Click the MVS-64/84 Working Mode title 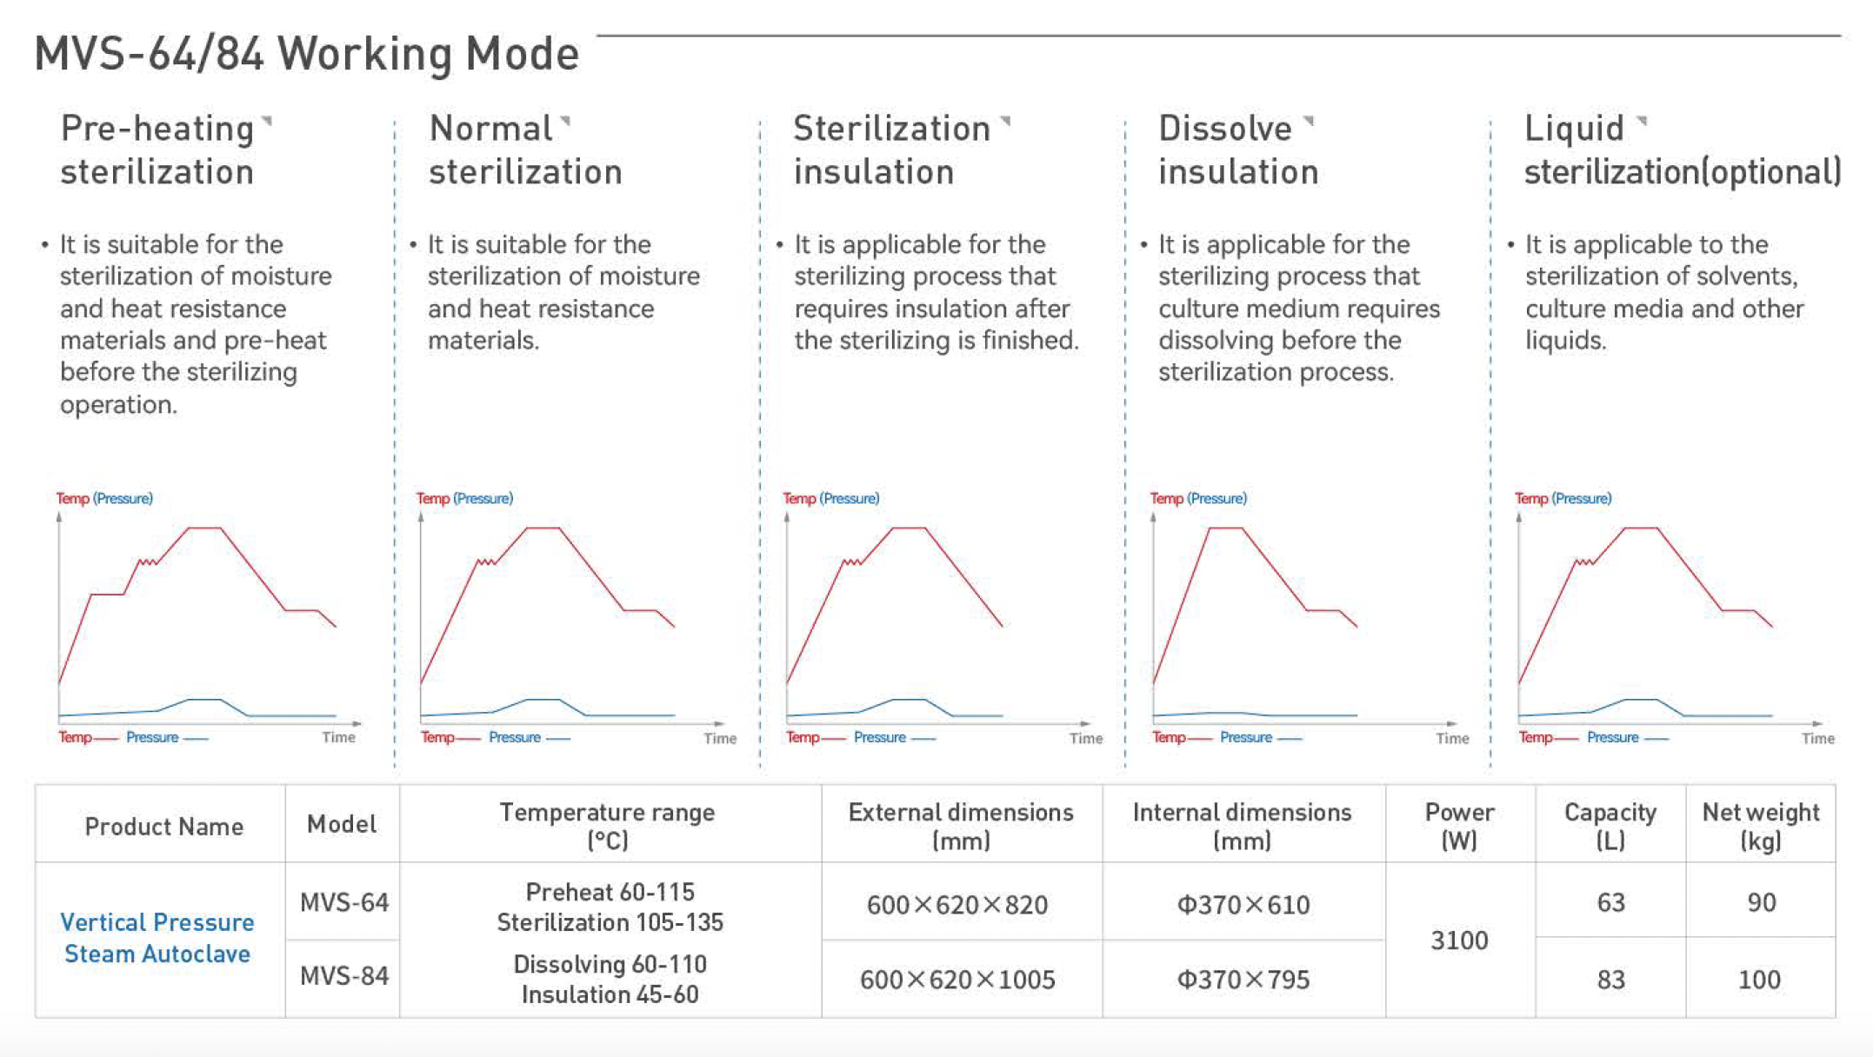tap(306, 54)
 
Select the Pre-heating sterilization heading tap(157, 150)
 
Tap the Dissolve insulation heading tap(1237, 150)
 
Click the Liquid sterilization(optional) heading tap(1682, 150)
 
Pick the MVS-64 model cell tap(343, 902)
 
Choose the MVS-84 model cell tap(343, 976)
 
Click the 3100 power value tap(1459, 940)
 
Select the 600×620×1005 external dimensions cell tap(957, 980)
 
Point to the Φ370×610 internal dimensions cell tap(1243, 905)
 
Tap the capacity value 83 tap(1610, 980)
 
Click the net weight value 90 tap(1761, 902)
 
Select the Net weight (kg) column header tap(1760, 826)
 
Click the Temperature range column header tap(607, 826)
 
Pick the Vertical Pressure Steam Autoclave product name tap(157, 938)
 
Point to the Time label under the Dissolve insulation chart tap(1451, 738)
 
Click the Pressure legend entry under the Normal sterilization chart tap(515, 737)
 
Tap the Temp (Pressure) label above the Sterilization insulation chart tap(830, 498)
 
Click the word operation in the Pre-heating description tap(117, 404)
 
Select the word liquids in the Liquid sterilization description tap(1564, 340)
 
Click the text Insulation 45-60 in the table tap(610, 994)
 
